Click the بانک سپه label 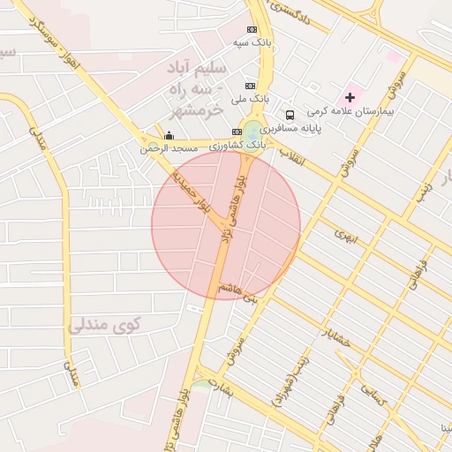(252, 42)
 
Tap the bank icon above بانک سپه (253, 28)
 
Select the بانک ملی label (249, 100)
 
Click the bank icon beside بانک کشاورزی (237, 132)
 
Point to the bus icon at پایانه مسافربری (290, 115)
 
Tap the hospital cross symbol (350, 96)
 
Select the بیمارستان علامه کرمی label (350, 112)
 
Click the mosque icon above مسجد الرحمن (169, 135)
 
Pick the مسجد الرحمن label (169, 149)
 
